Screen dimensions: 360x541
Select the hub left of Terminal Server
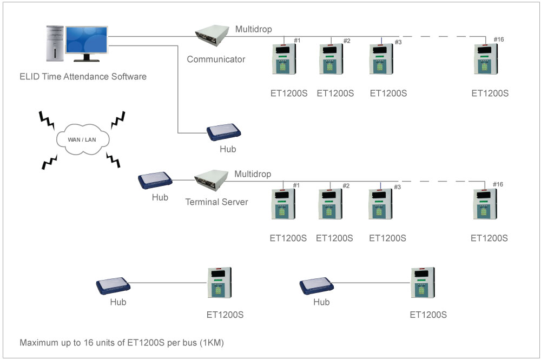tap(156, 182)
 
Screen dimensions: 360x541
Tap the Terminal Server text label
tap(217, 202)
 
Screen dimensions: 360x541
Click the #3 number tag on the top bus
tap(398, 42)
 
